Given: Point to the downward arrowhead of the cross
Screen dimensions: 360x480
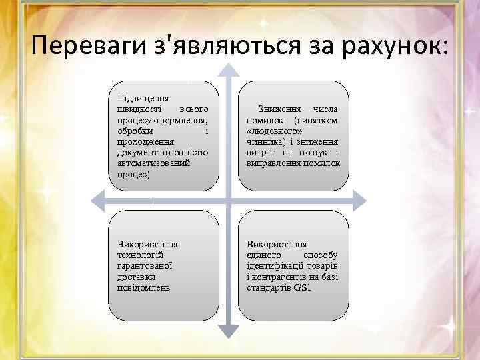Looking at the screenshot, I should (229, 328).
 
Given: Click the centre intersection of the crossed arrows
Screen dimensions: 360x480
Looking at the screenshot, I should (229, 199).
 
